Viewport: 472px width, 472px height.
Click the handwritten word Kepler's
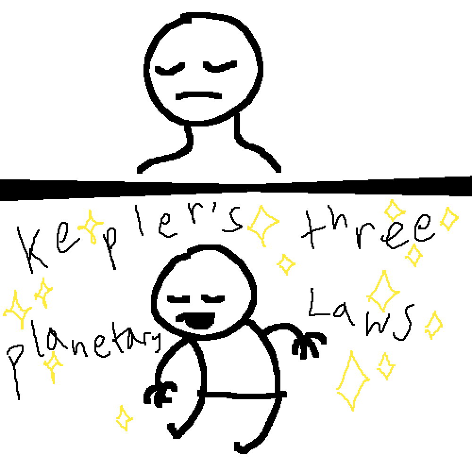click(x=129, y=238)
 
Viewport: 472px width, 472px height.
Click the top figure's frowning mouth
click(x=199, y=95)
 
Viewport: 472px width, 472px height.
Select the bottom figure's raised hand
click(x=309, y=345)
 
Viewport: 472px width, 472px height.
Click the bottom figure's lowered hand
click(x=160, y=394)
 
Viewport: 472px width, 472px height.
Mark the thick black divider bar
click(x=236, y=188)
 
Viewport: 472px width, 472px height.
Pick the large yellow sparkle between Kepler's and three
click(x=262, y=225)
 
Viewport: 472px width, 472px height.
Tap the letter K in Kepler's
click(x=32, y=250)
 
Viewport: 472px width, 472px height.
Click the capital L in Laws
click(x=319, y=303)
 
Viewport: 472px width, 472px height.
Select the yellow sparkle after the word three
click(x=449, y=219)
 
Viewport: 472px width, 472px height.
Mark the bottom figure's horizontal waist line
click(x=242, y=394)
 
